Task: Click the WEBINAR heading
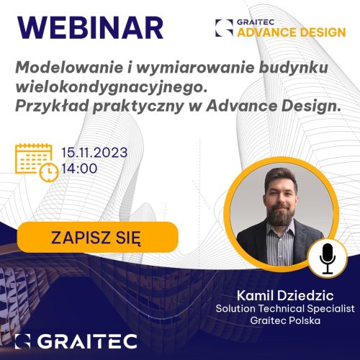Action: tap(90, 28)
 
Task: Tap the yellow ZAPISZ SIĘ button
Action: tap(98, 237)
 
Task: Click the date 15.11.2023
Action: tap(94, 153)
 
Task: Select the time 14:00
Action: tap(79, 168)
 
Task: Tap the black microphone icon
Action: tap(328, 258)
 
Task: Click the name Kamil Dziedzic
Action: tap(285, 295)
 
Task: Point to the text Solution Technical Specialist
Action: tap(285, 308)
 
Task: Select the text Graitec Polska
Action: tap(285, 320)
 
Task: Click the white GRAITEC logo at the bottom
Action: tap(76, 341)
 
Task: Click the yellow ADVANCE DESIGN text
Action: tap(292, 32)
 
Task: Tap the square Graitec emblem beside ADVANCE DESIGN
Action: tap(224, 28)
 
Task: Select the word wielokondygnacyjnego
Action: tap(112, 88)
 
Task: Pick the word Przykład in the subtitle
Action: tap(52, 107)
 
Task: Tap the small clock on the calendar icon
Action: tap(49, 172)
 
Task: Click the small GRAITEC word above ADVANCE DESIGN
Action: tap(256, 22)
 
